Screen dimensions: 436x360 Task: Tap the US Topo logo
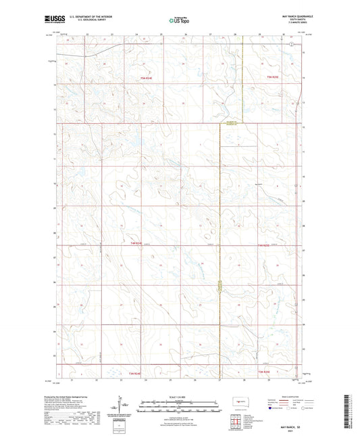pos(179,20)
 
